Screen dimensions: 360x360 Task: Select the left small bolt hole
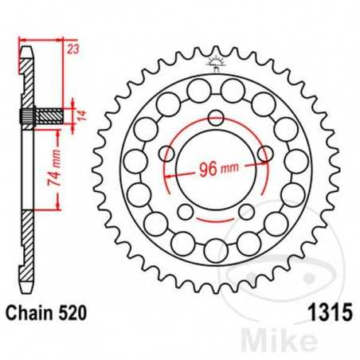coord(166,152)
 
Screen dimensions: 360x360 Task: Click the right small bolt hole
coord(262,152)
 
